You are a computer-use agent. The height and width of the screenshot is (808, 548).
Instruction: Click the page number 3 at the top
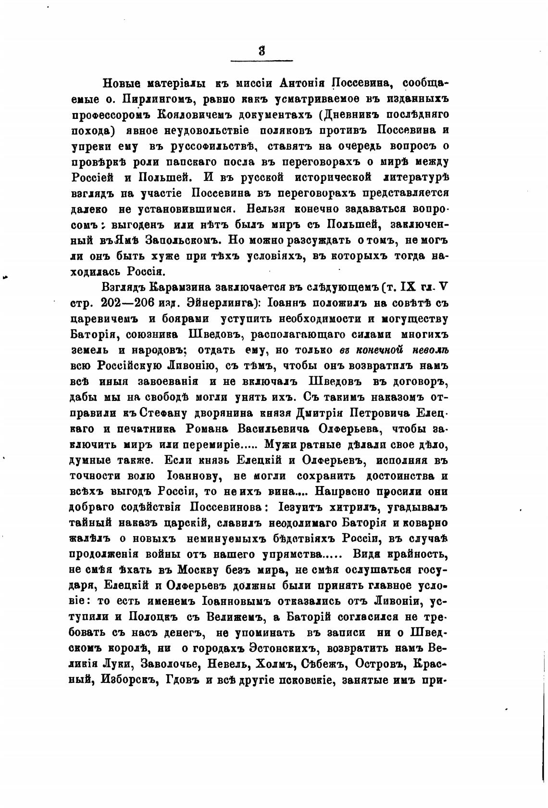[x=262, y=50]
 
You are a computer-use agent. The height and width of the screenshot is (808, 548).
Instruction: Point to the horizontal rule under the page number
[x=262, y=61]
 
